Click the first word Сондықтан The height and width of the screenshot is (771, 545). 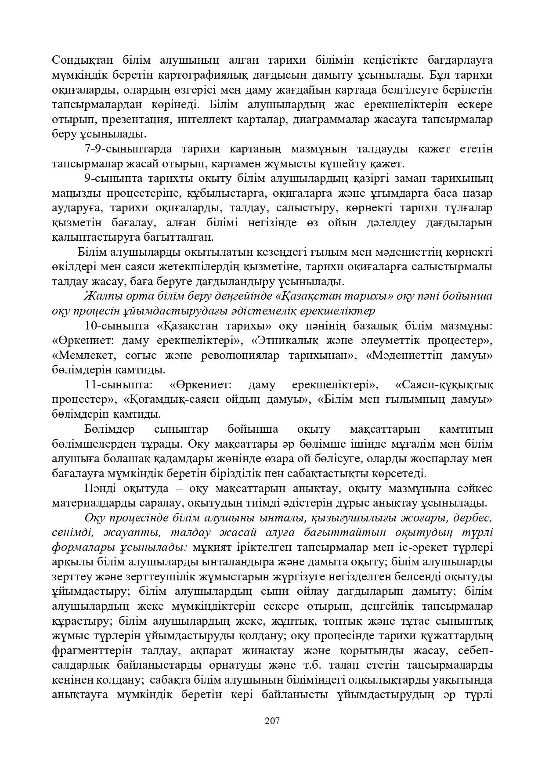point(77,60)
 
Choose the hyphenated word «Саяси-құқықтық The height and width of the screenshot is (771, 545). point(444,385)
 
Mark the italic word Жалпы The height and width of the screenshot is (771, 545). point(100,297)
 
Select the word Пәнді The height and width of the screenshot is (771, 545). point(100,489)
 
